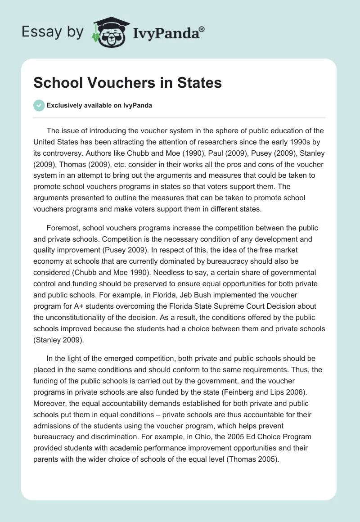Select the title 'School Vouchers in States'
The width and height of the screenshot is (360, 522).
click(x=128, y=83)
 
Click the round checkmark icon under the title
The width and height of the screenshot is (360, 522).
click(x=39, y=105)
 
